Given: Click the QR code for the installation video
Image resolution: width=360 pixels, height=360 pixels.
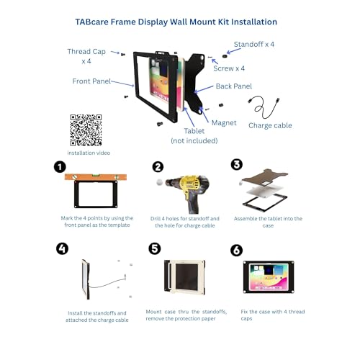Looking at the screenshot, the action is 86,130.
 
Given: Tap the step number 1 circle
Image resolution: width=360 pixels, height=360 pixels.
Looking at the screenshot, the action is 60,167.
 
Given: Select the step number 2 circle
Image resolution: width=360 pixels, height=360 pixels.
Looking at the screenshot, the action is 158,167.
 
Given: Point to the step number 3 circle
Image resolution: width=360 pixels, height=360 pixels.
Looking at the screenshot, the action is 237,164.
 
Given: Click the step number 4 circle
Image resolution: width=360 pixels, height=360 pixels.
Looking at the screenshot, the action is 62,248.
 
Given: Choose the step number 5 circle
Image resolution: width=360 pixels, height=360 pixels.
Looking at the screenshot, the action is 155,248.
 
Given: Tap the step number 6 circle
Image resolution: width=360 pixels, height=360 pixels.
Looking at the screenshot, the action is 236,251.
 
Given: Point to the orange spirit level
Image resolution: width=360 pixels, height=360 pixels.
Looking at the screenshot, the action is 96,177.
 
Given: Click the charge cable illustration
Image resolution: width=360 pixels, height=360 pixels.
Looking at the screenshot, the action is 264,107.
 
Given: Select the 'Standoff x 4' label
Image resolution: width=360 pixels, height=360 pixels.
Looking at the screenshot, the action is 254,44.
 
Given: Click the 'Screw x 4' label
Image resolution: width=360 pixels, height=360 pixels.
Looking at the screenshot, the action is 229,68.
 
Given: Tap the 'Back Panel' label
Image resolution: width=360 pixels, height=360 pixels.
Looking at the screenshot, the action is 234,86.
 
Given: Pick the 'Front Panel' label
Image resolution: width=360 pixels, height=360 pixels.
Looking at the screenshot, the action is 91,81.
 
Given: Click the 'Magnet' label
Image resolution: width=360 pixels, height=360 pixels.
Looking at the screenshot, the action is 224,123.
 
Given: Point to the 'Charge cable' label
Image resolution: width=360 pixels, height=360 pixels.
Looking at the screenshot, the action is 270,125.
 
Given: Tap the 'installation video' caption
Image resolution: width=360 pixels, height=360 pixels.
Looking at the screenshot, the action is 89,153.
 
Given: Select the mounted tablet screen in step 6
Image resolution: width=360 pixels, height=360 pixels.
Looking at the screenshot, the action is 269,277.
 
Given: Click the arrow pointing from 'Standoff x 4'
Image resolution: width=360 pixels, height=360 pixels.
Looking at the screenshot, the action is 234,51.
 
